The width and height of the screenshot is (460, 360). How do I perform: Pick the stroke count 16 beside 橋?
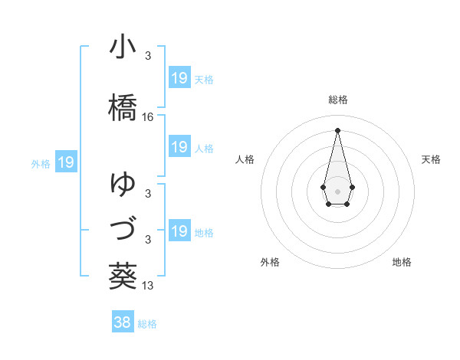tap(149, 117)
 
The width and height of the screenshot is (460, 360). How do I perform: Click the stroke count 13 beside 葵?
tap(149, 286)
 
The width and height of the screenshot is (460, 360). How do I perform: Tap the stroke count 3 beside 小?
tap(147, 56)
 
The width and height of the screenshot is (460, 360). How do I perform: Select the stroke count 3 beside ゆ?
tap(147, 194)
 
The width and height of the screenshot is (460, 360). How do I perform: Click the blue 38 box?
tap(123, 323)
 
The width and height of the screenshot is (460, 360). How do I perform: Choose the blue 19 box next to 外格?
tap(66, 162)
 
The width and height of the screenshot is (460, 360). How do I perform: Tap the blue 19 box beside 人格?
tap(179, 148)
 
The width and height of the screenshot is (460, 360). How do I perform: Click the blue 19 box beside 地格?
tap(179, 232)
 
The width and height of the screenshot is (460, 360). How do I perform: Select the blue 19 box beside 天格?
tap(179, 78)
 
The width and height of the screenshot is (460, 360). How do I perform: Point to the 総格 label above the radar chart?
tap(338, 100)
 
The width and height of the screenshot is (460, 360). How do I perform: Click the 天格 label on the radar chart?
tap(431, 159)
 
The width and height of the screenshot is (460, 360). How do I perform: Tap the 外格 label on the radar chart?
tap(270, 262)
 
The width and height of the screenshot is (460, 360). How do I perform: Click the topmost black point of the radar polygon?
tap(337, 129)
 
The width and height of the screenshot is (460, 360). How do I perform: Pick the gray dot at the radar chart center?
tap(337, 190)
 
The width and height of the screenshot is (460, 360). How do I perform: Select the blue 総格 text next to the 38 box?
tap(147, 324)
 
